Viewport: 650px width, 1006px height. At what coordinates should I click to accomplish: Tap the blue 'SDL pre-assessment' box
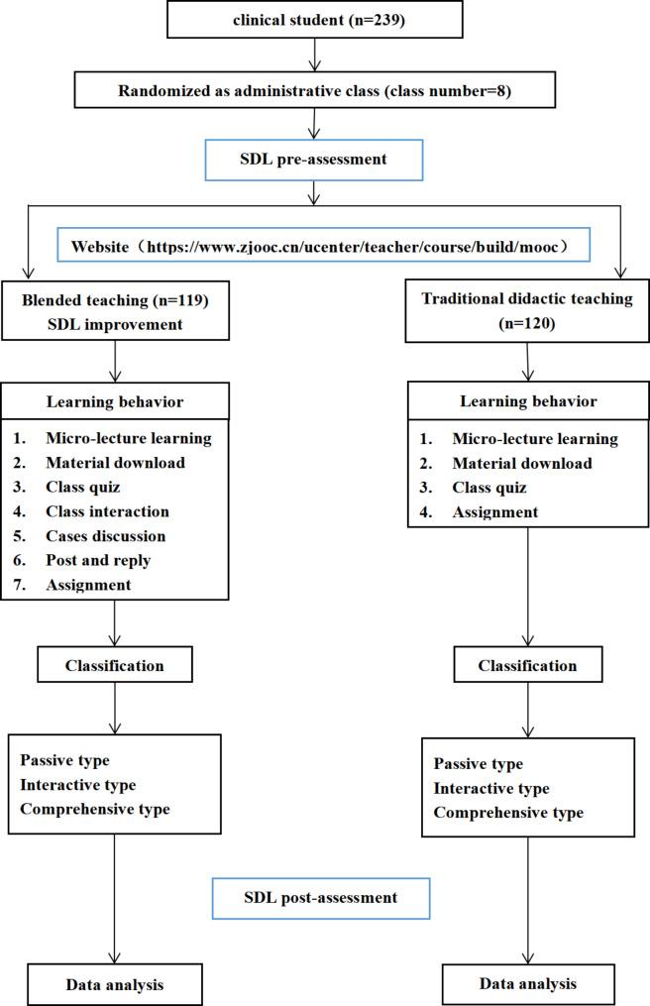click(313, 158)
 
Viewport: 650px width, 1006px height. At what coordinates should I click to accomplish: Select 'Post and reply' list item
click(98, 561)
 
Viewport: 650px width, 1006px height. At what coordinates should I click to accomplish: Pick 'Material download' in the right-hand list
click(521, 463)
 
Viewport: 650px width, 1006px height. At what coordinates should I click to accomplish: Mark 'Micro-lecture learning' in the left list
click(128, 437)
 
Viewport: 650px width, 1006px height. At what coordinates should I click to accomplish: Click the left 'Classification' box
click(115, 665)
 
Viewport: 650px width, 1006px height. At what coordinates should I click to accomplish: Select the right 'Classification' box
click(527, 666)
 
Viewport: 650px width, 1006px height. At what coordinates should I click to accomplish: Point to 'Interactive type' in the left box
click(78, 785)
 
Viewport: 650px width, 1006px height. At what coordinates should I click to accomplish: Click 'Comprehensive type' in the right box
click(508, 813)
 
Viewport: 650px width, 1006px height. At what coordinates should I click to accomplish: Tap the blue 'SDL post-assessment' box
click(320, 898)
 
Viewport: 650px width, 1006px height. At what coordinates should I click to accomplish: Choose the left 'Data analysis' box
click(115, 984)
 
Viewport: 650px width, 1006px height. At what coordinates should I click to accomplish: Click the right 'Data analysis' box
click(527, 984)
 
